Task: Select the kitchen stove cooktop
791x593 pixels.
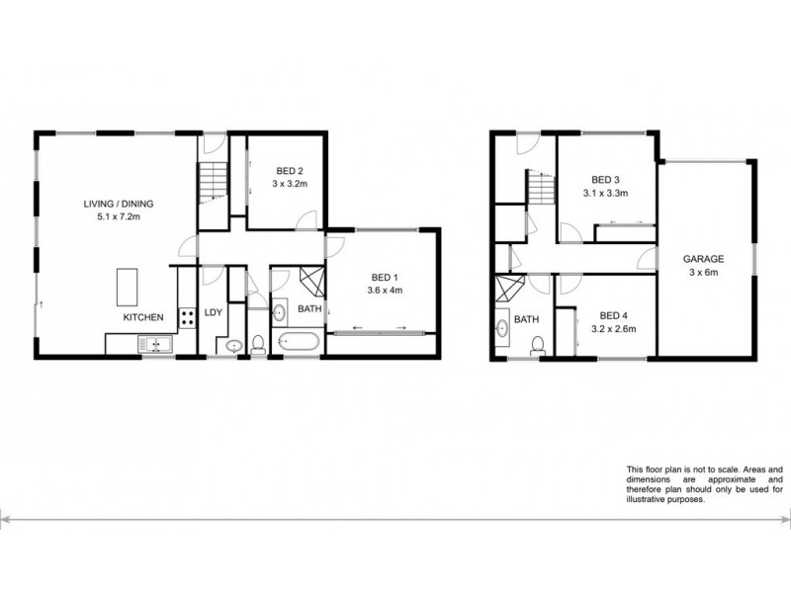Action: click(186, 319)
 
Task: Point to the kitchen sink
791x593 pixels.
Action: click(154, 344)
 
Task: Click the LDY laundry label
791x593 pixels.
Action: click(212, 313)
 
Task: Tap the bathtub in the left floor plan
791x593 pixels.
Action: click(296, 345)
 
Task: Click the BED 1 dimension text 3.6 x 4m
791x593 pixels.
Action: click(387, 291)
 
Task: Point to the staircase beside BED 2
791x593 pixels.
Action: click(212, 182)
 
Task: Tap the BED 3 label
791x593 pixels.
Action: click(605, 179)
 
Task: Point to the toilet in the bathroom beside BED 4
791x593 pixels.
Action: click(539, 346)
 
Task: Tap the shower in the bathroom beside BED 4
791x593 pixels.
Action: click(509, 291)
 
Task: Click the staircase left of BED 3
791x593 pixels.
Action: click(539, 186)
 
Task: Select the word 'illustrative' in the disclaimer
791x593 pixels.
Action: click(649, 500)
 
